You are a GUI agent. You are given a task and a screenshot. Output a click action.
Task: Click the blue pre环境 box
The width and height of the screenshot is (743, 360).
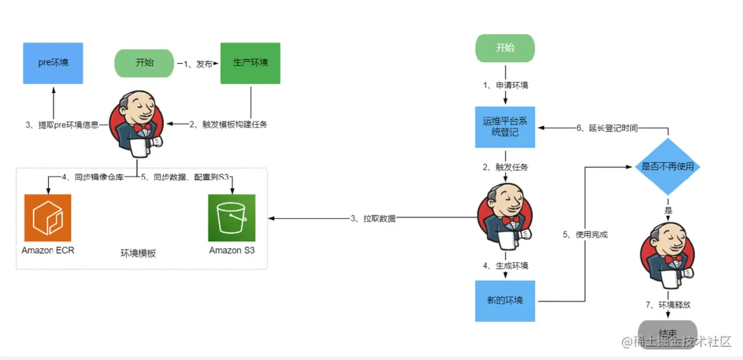[x=53, y=63]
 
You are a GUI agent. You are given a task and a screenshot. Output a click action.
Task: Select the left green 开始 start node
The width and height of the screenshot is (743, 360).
[x=144, y=63]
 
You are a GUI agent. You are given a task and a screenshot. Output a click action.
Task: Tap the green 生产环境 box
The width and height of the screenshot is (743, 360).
[x=250, y=63]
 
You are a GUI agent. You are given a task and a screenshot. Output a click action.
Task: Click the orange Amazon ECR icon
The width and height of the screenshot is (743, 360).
[x=47, y=218]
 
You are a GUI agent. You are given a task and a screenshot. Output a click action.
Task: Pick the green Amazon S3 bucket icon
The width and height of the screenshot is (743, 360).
[x=232, y=218]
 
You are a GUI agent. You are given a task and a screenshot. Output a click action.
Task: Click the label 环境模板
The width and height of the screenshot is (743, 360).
[x=138, y=253]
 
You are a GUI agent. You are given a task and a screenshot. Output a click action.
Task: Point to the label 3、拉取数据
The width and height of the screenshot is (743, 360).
[x=373, y=219]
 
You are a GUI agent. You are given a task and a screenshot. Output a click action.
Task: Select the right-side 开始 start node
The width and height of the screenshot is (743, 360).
[x=505, y=47]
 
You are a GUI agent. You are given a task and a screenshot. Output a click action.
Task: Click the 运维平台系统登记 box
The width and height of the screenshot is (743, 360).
[x=505, y=127]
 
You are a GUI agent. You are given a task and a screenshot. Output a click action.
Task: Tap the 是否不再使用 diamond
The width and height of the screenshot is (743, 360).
[x=667, y=167]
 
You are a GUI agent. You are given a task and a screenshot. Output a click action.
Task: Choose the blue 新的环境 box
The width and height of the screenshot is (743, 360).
[x=505, y=301]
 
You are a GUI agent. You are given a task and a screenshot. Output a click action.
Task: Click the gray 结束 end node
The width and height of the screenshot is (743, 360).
[x=667, y=333]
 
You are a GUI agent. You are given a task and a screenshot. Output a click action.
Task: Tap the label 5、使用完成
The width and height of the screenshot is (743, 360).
[x=585, y=235]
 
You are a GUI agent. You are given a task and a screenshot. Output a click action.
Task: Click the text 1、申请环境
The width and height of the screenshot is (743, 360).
[x=505, y=85]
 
